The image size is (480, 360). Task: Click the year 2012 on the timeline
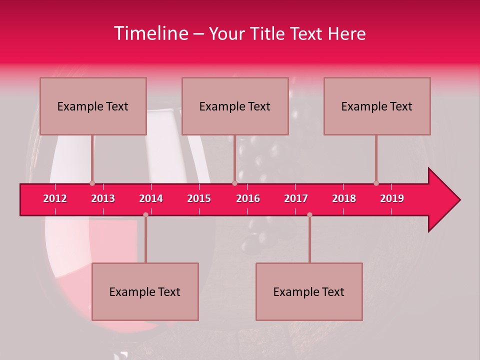tap(55, 198)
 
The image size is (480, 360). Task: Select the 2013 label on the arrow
tap(103, 198)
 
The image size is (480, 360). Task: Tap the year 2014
tap(151, 198)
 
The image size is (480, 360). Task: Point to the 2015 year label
tap(199, 198)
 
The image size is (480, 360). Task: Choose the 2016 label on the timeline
tap(248, 198)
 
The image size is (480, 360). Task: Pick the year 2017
tap(296, 198)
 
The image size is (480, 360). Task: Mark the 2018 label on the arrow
tap(344, 198)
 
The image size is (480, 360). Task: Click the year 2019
tap(392, 198)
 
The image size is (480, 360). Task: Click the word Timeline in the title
tap(150, 33)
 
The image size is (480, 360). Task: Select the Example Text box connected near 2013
tap(93, 106)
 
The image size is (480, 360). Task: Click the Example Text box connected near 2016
tap(235, 106)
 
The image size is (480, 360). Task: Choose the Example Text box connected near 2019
tap(377, 106)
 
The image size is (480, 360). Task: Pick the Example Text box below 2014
tap(145, 291)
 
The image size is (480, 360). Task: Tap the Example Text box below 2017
tap(309, 291)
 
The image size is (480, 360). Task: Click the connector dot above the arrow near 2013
tap(92, 183)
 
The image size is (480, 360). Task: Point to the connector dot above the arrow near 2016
tap(234, 183)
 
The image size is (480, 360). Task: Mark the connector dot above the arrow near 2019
tap(376, 183)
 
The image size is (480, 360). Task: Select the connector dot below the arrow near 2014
tap(145, 214)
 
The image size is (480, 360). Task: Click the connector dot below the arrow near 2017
tap(309, 214)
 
